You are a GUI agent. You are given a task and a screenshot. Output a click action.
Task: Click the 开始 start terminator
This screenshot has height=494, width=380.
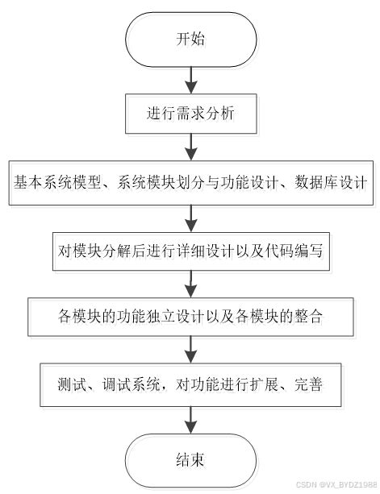click(x=190, y=39)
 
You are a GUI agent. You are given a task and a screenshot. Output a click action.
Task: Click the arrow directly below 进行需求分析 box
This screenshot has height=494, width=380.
click(x=190, y=146)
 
